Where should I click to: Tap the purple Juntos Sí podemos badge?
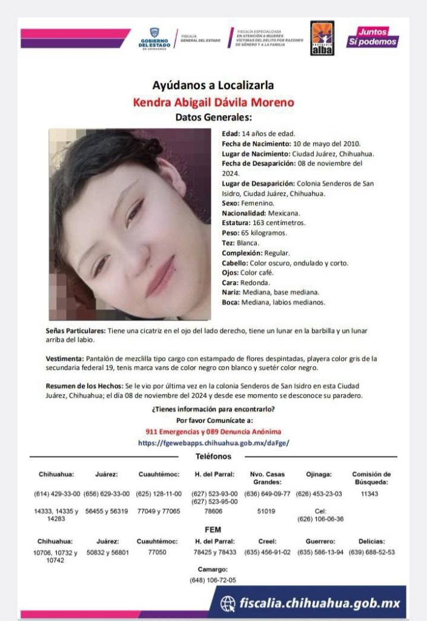[372, 37]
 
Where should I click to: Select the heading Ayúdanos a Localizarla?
[213, 86]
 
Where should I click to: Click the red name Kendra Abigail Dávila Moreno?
[213, 102]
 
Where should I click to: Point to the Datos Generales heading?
[213, 117]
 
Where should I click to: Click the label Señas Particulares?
[76, 331]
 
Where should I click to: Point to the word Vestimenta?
[65, 359]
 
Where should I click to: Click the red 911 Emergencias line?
[213, 431]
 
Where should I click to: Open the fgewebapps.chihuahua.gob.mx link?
[213, 443]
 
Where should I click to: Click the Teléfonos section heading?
[213, 455]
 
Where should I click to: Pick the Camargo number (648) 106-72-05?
[213, 580]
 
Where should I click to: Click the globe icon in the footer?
[228, 603]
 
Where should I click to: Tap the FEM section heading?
[213, 529]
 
